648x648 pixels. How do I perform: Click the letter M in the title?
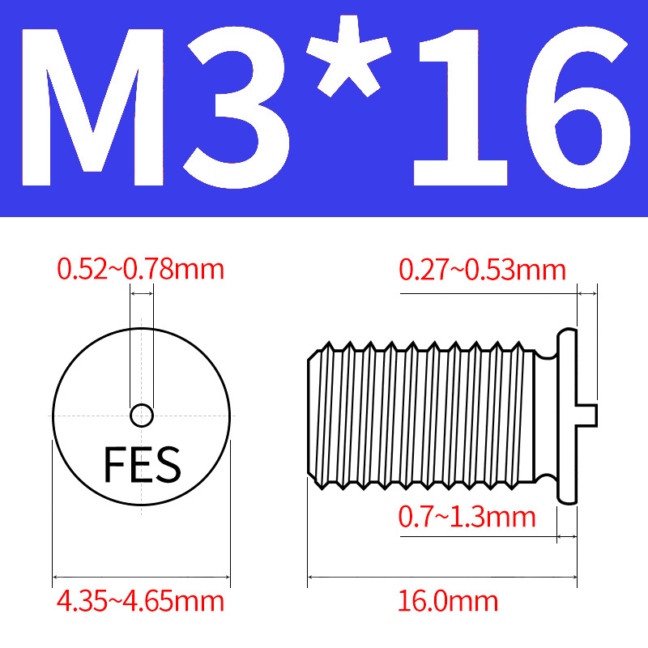click(x=93, y=108)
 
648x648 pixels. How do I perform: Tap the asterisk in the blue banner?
click(x=349, y=56)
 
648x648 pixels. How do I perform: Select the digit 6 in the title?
click(x=578, y=108)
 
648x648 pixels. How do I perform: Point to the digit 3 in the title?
click(x=236, y=108)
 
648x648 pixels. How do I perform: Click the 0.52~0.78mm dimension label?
click(x=140, y=269)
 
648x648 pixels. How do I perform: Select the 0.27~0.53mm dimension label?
click(x=482, y=270)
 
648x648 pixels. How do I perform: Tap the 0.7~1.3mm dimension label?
click(x=467, y=517)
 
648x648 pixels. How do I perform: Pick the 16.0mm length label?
click(x=448, y=601)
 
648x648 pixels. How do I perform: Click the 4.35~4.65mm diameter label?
click(x=140, y=601)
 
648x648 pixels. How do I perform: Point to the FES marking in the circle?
click(x=143, y=464)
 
